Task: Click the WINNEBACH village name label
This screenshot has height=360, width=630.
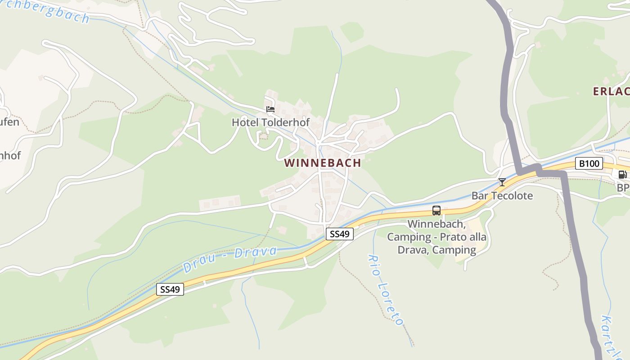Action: click(x=323, y=163)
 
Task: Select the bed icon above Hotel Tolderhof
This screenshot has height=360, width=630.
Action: click(x=270, y=109)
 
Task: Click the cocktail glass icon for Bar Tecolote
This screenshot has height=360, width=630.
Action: click(x=502, y=182)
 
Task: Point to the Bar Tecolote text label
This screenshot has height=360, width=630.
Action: click(x=502, y=196)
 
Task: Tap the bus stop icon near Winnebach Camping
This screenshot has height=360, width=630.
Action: click(x=436, y=210)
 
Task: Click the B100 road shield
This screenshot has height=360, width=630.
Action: click(x=589, y=163)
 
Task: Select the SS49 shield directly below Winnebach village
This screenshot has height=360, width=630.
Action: click(x=340, y=234)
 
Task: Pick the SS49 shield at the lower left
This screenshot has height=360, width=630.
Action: click(x=171, y=289)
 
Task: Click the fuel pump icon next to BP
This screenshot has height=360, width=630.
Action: click(x=622, y=175)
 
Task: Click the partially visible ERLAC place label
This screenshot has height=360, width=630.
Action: click(x=611, y=92)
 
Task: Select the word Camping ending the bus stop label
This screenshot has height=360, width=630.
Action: click(x=454, y=250)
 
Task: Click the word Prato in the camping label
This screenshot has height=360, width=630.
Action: click(x=450, y=237)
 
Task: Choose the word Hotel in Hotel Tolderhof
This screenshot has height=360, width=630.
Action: click(x=243, y=122)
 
